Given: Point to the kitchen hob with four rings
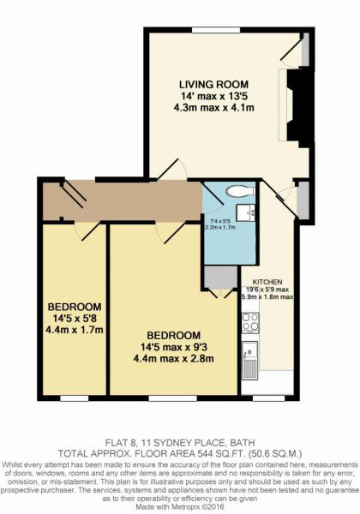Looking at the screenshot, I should coord(251,322).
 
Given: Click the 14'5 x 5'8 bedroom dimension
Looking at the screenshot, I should coord(75,318).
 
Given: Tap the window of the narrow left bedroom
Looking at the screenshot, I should coord(75,397).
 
